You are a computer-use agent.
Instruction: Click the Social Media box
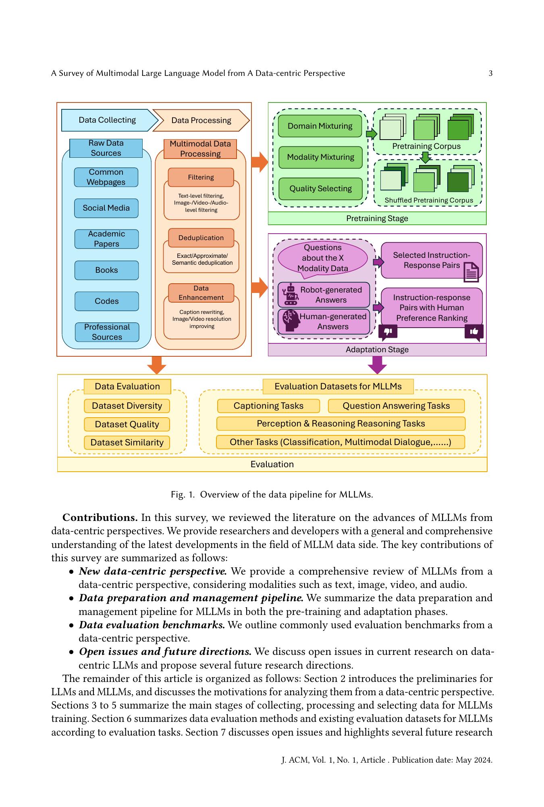tap(106, 208)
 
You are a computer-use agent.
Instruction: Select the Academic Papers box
tap(106, 239)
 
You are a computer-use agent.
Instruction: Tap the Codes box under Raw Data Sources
tap(106, 301)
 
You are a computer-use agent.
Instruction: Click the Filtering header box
tap(201, 177)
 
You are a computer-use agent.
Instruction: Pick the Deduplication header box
tap(201, 238)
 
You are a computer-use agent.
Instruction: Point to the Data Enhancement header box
tap(201, 293)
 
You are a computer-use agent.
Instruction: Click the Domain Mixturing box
tap(320, 126)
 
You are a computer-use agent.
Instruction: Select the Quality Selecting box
tap(320, 188)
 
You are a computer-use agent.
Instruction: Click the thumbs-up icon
tap(474, 332)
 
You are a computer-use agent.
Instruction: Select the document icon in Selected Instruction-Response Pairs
tap(471, 272)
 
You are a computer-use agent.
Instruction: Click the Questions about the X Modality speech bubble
tap(322, 258)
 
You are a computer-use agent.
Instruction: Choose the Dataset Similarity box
tap(127, 443)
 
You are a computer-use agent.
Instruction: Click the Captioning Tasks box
tap(268, 406)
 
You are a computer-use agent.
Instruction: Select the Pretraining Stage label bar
tap(377, 219)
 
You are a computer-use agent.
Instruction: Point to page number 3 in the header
tap(490, 73)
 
